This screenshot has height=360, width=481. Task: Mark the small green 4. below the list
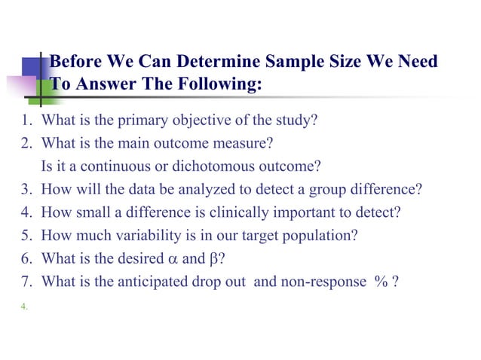point(25,306)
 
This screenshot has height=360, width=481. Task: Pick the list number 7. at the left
point(25,282)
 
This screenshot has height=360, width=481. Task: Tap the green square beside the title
point(43,89)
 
